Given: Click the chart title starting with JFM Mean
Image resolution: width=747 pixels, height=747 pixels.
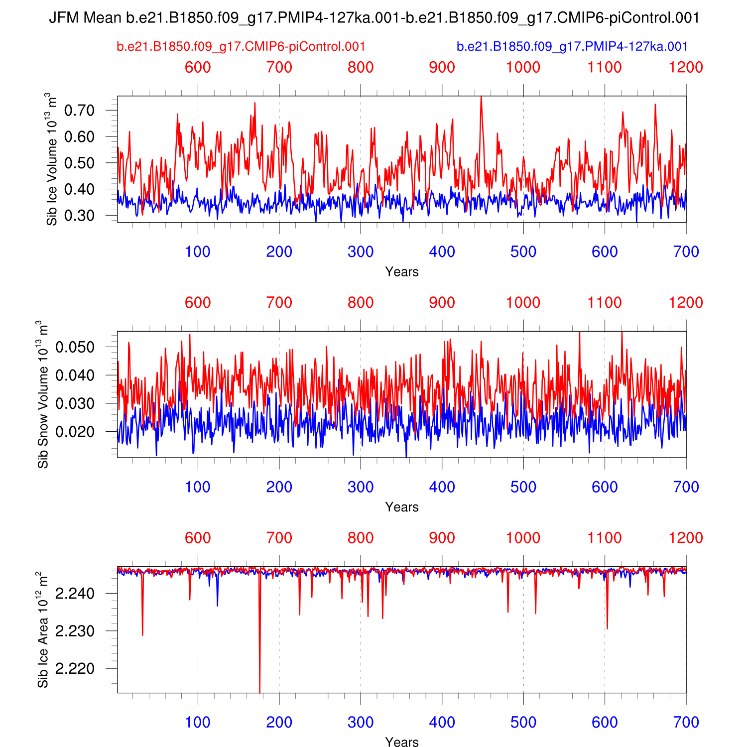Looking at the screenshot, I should pos(374,18).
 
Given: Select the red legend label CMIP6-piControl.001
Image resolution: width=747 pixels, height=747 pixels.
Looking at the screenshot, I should pos(241,47).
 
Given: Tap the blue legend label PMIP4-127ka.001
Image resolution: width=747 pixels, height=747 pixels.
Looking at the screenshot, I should pos(572,47).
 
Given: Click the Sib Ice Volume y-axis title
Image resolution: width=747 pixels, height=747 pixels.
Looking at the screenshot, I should pos(52,159).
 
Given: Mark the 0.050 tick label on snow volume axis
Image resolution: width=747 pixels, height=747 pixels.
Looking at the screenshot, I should pos(75,347).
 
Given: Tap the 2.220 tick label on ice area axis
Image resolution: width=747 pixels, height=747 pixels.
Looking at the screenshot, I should pos(75,669).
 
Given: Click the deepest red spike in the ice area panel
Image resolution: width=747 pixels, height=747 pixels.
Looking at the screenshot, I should pos(259,690).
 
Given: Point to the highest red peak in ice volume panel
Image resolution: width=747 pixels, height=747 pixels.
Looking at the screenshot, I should pos(481,98).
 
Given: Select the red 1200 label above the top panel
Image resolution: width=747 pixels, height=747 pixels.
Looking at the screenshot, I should pos(686,67).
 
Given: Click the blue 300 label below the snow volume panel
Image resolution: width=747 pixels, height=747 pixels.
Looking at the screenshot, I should pos(361,487).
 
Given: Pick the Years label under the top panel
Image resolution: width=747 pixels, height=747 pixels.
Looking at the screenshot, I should pos(401,272).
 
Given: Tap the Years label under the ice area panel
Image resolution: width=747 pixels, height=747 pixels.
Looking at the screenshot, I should pos(401,742).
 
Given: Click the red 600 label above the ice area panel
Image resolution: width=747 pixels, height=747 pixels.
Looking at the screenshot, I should pos(198,538).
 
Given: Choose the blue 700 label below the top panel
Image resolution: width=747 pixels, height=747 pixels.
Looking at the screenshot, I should pos(686,252).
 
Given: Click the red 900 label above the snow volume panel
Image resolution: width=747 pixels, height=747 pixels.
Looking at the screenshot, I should pos(442,303).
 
